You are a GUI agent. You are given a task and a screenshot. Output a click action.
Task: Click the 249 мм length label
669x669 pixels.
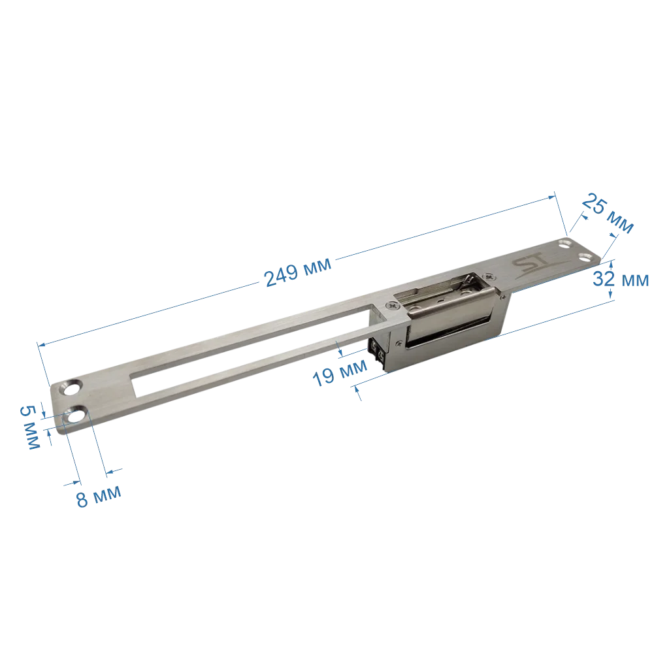[298, 272]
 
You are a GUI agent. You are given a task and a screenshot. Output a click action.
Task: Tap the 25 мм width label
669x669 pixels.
[608, 214]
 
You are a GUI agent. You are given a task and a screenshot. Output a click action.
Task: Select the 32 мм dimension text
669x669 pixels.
[621, 279]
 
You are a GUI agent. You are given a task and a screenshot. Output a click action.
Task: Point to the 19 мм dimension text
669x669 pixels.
[340, 372]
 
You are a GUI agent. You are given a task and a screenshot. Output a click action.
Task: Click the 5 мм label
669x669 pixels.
[30, 427]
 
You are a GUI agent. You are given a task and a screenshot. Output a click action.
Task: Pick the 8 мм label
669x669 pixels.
[99, 497]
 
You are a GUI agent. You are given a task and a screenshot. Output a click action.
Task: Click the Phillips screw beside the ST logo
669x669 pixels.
[489, 276]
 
